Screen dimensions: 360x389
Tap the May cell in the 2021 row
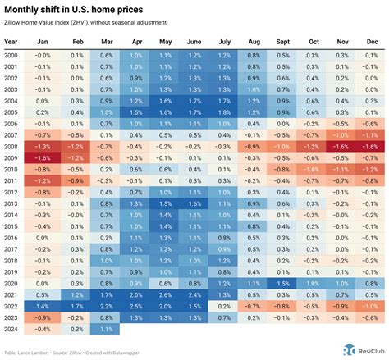click(165, 294)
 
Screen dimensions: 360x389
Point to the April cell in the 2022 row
click(135, 305)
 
